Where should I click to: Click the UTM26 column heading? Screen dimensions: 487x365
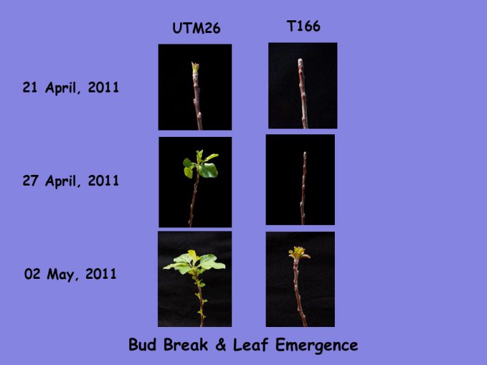click(197, 29)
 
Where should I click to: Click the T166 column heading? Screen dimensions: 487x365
click(304, 26)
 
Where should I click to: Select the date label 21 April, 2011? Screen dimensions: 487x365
click(71, 87)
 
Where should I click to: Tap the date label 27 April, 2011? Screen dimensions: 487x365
click(71, 181)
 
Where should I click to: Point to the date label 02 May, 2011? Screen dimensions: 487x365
click(70, 274)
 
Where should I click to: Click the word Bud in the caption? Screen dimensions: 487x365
click(143, 345)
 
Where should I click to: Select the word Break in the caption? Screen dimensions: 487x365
click(186, 345)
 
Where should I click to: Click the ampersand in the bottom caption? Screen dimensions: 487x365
click(221, 345)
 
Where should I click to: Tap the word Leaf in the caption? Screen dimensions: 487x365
click(251, 345)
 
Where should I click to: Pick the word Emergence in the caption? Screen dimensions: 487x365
click(317, 345)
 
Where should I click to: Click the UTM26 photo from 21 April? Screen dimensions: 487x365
click(195, 87)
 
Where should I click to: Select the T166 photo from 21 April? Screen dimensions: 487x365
click(303, 86)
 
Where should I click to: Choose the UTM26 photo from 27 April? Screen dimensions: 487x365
click(195, 182)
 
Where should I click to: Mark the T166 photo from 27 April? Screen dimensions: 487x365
click(301, 180)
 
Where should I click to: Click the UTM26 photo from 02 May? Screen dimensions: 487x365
click(195, 279)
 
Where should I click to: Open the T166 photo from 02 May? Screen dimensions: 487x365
click(301, 279)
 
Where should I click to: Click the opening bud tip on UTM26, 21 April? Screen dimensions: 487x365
click(195, 67)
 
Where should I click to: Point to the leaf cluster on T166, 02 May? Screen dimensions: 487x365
click(299, 253)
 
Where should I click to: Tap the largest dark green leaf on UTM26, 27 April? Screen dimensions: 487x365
click(208, 170)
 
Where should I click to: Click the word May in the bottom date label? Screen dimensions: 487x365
click(61, 274)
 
